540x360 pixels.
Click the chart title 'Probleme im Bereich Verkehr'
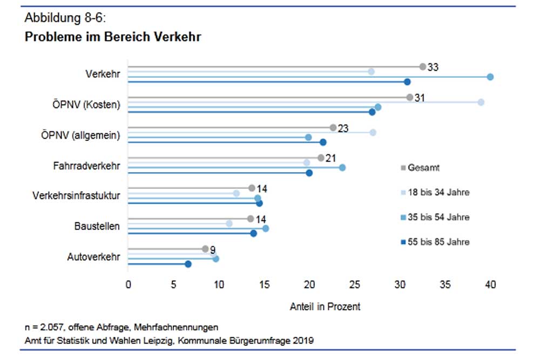113,37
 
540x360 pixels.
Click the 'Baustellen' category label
97,226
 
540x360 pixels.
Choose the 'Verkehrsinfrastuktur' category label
76,196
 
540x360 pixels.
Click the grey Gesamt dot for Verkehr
422,67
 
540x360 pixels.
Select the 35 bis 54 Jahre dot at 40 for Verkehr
490,77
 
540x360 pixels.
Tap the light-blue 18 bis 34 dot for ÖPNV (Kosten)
481,102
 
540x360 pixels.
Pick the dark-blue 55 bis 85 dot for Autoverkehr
188,264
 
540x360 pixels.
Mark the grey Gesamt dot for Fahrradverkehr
321,158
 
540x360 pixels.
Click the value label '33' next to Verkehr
433,67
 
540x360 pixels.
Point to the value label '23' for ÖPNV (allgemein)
343,128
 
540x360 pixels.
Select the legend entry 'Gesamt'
423,168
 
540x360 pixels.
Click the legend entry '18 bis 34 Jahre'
437,193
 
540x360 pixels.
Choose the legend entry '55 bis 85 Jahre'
437,242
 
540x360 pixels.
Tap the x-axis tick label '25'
354,284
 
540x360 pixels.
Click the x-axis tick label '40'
490,284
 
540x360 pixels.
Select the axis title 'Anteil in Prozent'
325,307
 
